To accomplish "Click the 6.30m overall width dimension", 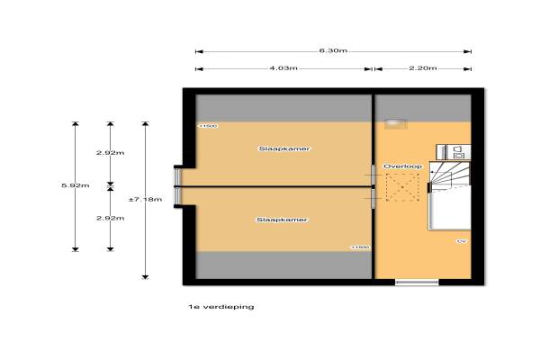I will [332, 50].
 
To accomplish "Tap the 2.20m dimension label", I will [423, 68].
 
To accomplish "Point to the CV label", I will [461, 241].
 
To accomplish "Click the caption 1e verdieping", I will [215, 307].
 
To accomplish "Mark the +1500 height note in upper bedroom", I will [208, 127].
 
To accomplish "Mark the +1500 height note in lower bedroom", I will [360, 247].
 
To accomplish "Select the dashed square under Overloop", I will [400, 191].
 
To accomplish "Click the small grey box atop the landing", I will [394, 123].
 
